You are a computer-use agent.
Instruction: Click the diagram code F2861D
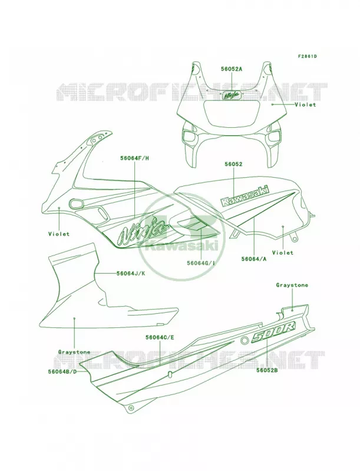[308, 56]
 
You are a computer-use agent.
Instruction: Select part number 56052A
[232, 69]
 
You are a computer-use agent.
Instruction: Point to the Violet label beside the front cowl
[305, 105]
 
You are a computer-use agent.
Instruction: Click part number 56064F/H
[134, 158]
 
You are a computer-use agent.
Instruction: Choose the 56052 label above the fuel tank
[233, 164]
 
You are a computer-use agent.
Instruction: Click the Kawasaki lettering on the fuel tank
[245, 195]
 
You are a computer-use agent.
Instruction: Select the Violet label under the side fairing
[59, 234]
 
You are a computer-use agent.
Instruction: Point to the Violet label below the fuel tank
[282, 253]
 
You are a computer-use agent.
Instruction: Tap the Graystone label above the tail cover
[292, 285]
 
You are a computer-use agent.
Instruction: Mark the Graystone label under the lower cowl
[74, 351]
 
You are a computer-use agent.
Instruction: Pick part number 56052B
[267, 371]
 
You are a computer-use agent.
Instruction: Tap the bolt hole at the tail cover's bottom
[130, 409]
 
